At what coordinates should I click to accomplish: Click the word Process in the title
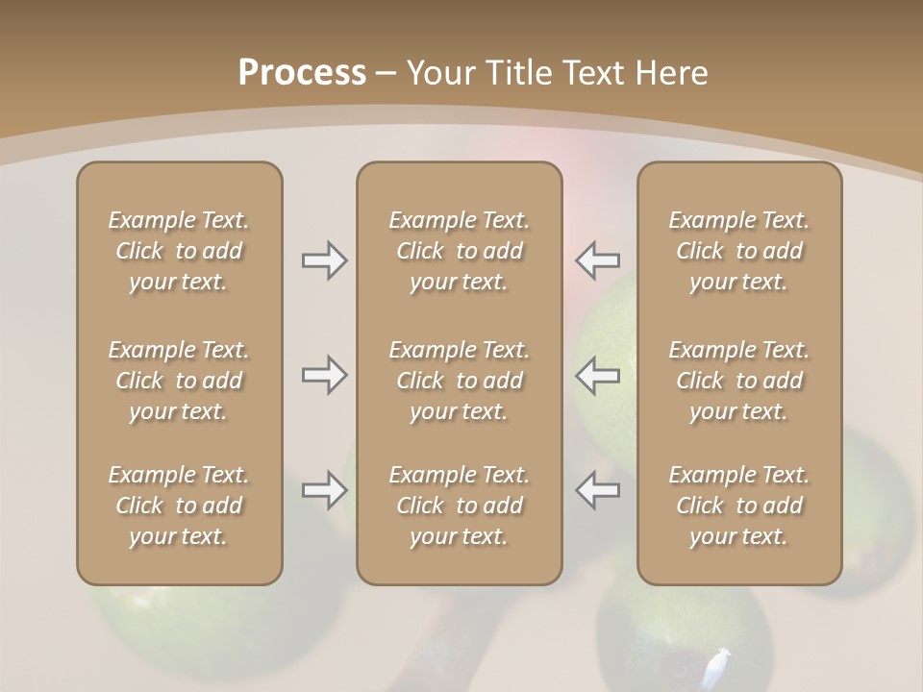302,73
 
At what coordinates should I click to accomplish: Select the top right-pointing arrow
324,260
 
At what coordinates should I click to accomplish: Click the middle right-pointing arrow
324,375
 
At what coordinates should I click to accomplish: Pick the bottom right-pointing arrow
324,491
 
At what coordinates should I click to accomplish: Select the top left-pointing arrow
598,260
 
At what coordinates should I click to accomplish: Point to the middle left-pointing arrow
598,375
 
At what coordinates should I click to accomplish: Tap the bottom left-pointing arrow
598,491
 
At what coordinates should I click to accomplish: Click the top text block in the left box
179,251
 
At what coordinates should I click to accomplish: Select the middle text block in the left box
179,381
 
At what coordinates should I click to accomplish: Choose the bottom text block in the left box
179,506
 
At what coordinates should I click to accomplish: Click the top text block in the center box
460,251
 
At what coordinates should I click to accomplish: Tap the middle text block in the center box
460,381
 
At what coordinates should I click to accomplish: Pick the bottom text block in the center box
460,506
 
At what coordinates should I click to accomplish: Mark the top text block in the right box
739,251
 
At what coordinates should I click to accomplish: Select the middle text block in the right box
739,381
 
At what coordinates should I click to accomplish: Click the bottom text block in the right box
739,506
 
